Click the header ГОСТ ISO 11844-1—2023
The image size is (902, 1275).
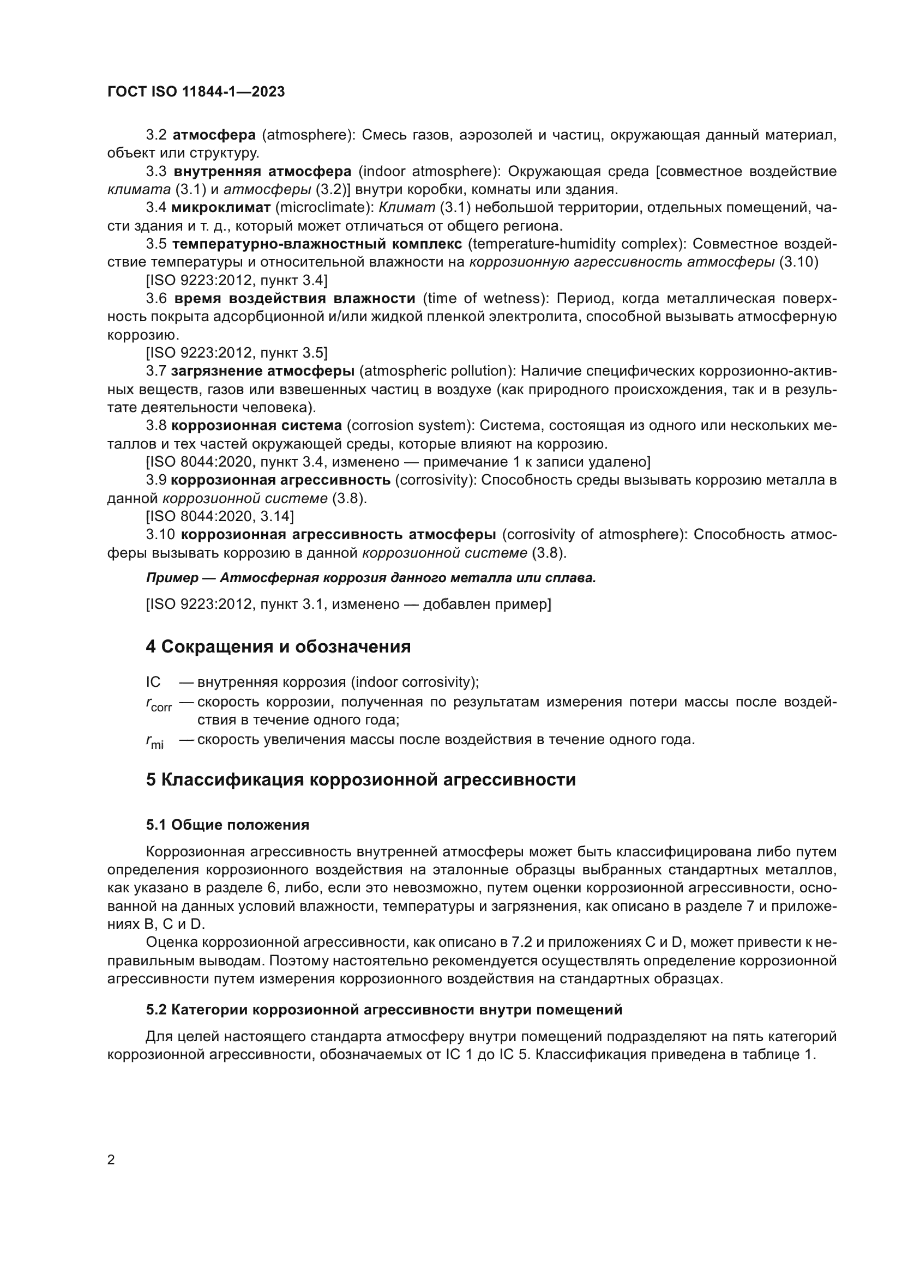(x=196, y=92)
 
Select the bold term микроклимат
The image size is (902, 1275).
(x=220, y=208)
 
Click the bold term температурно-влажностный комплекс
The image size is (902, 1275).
(x=317, y=244)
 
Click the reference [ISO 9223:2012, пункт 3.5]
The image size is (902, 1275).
(x=237, y=353)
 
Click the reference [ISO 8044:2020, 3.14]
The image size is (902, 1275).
(x=220, y=516)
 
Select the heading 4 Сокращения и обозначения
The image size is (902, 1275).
(x=278, y=646)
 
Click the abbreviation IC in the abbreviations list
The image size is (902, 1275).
(x=153, y=682)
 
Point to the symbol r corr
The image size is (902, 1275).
(x=159, y=705)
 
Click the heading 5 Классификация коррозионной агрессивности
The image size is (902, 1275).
(x=360, y=779)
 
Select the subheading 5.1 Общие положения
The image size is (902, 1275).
(x=228, y=825)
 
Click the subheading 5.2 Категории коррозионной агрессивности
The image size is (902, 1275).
(x=384, y=1010)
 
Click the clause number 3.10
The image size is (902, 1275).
(x=160, y=534)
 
